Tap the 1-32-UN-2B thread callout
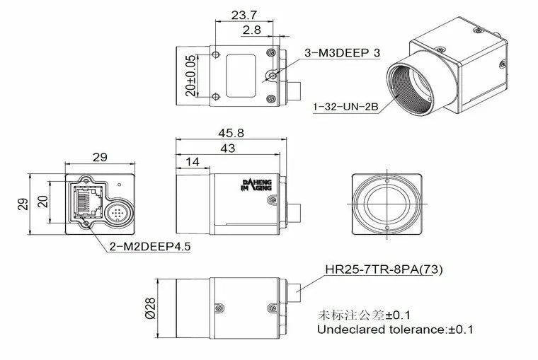tap(347, 107)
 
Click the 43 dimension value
tap(228, 149)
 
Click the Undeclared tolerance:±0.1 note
tap(395, 329)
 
